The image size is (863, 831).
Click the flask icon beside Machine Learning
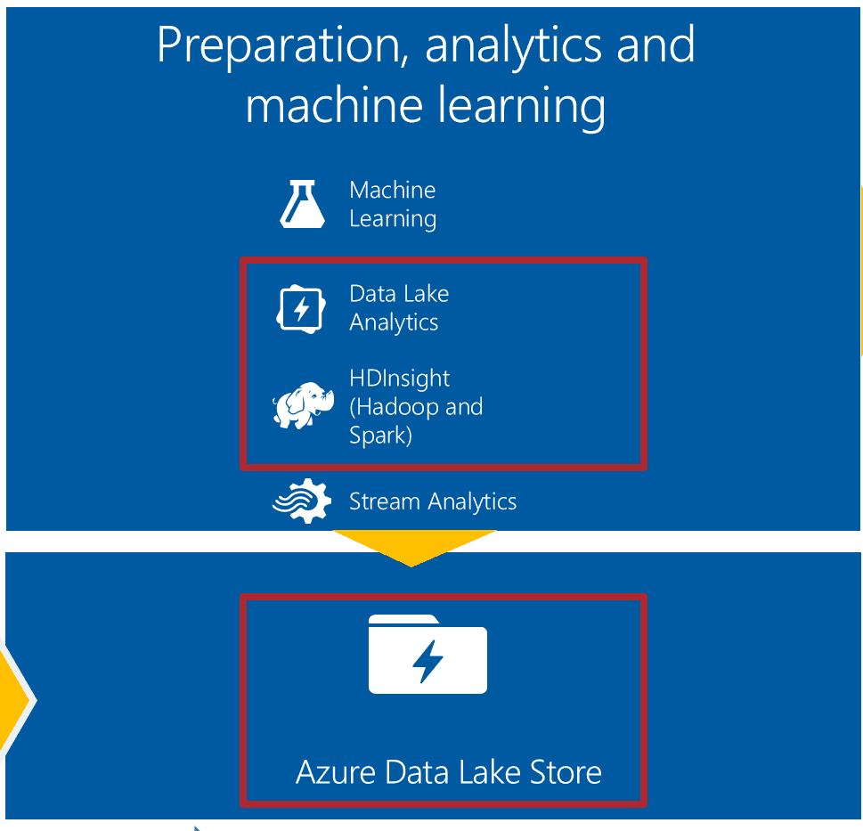coord(302,204)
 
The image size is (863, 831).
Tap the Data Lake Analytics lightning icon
coord(300,309)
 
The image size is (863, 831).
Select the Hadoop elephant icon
coord(304,405)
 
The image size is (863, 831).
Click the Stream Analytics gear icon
coord(302,501)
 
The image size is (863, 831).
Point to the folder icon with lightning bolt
coord(427,654)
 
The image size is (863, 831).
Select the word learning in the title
coord(522,108)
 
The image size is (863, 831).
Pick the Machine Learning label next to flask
coord(393,204)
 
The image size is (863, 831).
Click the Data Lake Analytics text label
coord(399,308)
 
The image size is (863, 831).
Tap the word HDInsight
coord(400,378)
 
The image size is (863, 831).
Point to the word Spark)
coord(381,436)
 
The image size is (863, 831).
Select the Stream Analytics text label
coord(433,501)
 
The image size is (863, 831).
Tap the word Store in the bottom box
coord(566,772)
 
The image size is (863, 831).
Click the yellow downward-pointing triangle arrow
coord(414,545)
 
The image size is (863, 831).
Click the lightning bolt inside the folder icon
coord(427,661)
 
